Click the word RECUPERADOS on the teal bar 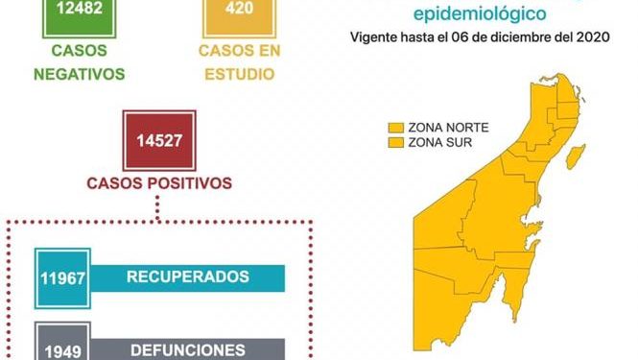188,277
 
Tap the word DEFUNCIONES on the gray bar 188,349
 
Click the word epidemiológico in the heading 481,15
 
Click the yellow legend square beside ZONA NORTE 393,127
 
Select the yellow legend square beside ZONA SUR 393,142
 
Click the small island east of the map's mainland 577,156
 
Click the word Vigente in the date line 377,39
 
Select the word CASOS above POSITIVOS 116,180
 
